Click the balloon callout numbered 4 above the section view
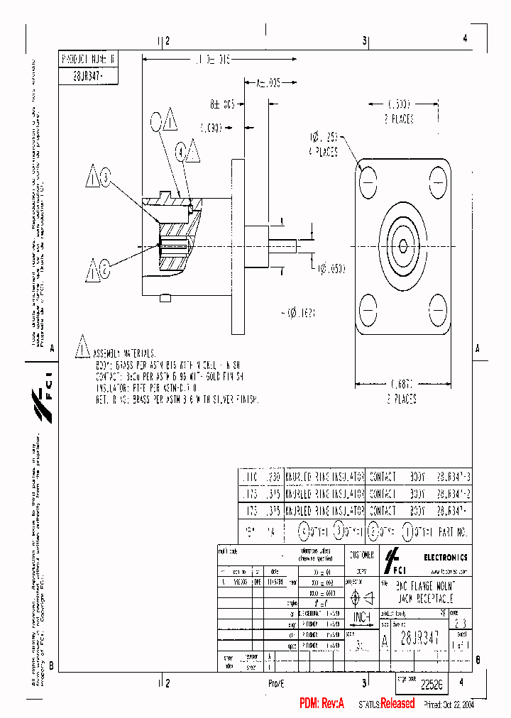[181, 151]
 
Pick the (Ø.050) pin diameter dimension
[331, 267]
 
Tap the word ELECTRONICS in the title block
[446, 557]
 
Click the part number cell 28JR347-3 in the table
[453, 477]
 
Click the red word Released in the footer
[397, 704]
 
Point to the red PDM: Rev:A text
[322, 704]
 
